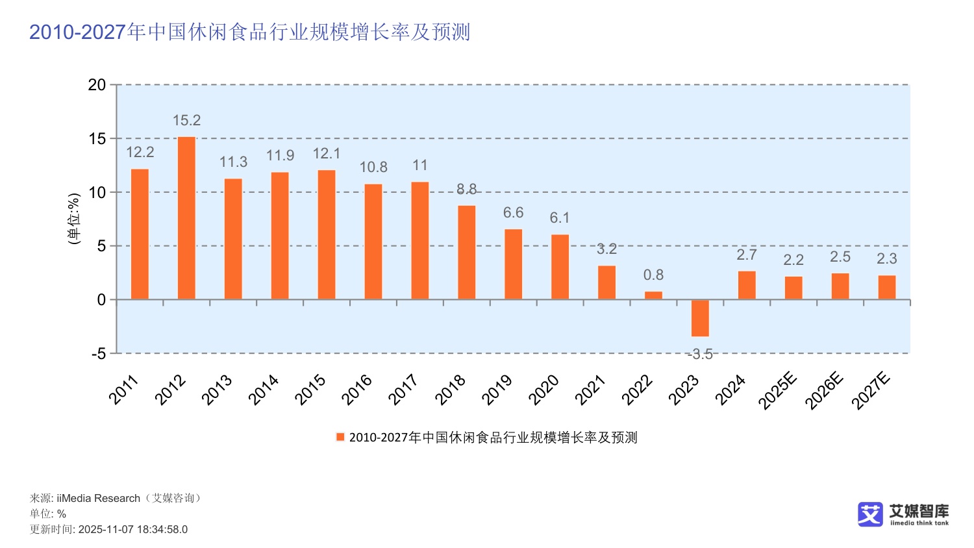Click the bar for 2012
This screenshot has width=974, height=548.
point(186,218)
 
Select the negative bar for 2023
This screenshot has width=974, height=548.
point(700,318)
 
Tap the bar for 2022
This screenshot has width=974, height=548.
point(653,295)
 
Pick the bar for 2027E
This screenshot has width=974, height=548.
point(886,288)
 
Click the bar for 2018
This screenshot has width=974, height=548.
point(466,253)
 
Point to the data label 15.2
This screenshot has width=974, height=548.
point(186,121)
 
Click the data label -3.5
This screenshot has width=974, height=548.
point(700,355)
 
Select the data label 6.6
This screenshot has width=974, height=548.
point(513,213)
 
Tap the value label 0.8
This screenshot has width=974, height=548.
point(653,275)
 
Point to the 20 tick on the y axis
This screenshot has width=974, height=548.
point(97,85)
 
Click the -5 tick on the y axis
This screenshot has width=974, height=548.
point(98,354)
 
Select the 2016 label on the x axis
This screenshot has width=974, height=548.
point(357,390)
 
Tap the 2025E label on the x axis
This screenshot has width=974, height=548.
point(777,391)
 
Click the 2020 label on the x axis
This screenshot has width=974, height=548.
point(544,390)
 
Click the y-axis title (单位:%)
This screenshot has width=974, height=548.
point(74,219)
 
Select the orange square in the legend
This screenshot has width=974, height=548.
point(340,437)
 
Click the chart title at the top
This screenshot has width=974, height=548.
point(249,32)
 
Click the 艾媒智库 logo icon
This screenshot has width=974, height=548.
point(870,514)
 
